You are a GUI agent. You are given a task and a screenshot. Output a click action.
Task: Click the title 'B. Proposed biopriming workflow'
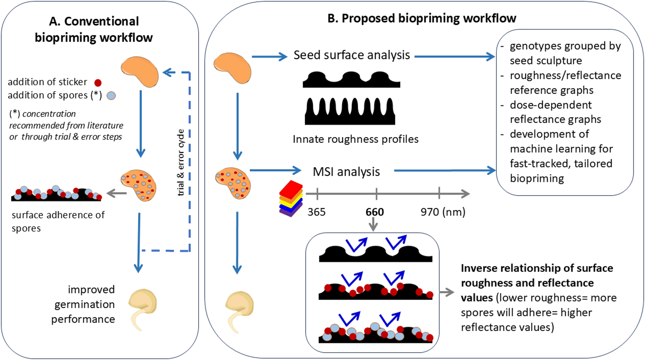(x=421, y=19)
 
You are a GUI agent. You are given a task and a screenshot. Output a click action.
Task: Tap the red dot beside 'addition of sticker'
(x=98, y=83)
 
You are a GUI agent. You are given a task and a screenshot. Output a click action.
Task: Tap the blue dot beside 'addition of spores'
(x=111, y=96)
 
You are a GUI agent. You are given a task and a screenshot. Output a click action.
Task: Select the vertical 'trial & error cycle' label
(x=181, y=162)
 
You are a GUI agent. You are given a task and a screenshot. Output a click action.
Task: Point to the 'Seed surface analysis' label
(x=351, y=55)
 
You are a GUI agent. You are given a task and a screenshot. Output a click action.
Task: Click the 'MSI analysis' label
(x=346, y=172)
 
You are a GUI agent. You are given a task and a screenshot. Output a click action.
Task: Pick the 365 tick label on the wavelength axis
(x=316, y=212)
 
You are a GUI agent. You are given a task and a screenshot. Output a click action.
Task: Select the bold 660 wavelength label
(x=375, y=212)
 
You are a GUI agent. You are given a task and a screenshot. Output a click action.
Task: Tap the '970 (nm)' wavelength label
(x=443, y=212)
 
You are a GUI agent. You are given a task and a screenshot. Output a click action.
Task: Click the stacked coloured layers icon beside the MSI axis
(x=291, y=198)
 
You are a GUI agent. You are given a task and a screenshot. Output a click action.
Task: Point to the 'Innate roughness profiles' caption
(x=355, y=139)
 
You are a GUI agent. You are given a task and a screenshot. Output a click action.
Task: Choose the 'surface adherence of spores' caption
(x=58, y=221)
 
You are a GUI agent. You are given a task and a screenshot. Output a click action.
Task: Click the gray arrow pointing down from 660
(x=373, y=224)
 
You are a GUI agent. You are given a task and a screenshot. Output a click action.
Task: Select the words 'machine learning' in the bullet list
(x=561, y=149)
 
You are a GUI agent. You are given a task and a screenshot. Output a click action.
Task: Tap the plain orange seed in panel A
(x=140, y=72)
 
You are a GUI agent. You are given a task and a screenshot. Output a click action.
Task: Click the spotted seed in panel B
(x=233, y=183)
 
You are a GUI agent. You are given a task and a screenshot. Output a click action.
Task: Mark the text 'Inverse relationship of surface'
(x=537, y=268)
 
